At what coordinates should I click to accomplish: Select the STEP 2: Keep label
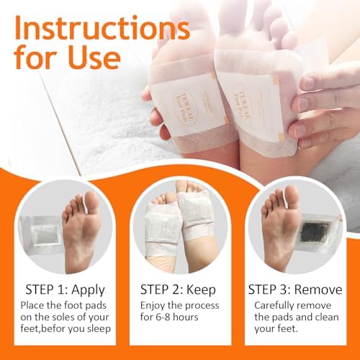pyautogui.click(x=180, y=290)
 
